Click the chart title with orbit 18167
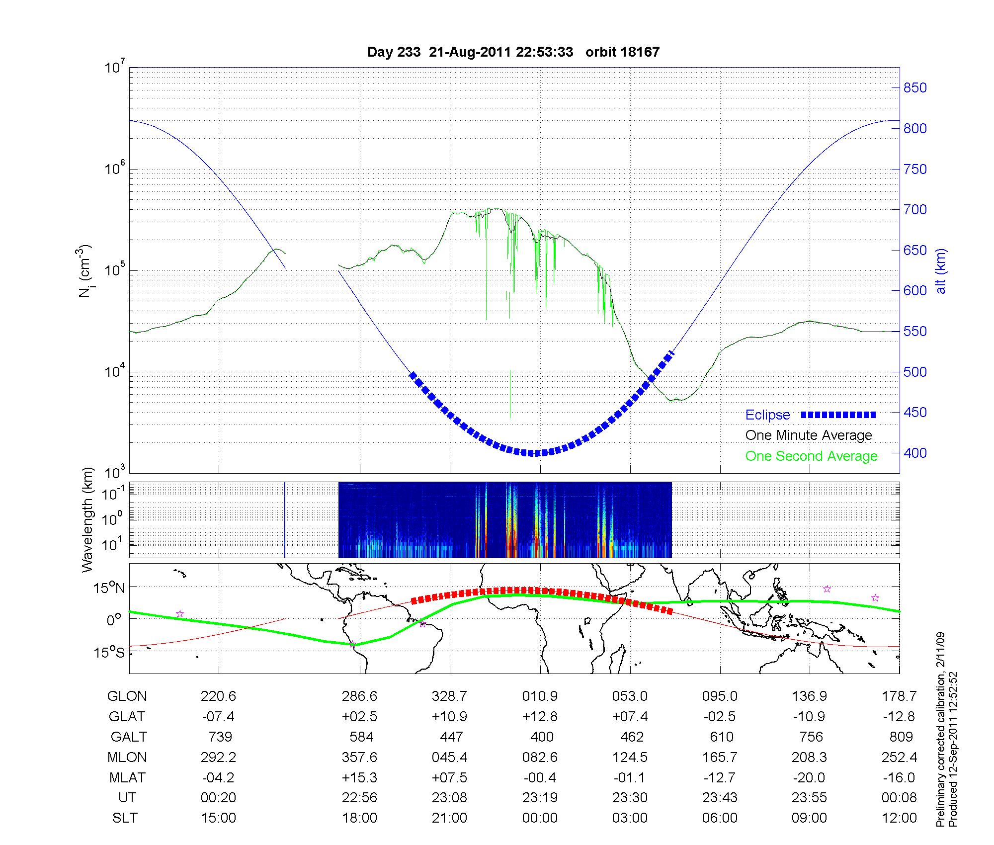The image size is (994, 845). (513, 52)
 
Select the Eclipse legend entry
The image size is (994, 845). (767, 415)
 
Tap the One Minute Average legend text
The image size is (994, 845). (809, 435)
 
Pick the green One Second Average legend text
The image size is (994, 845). (811, 456)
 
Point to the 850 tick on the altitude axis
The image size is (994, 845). (914, 88)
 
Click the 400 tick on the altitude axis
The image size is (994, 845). (914, 453)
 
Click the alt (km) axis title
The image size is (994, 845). (940, 271)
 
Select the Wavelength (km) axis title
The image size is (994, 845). (87, 519)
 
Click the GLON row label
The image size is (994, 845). (127, 696)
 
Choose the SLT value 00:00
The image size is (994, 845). (540, 818)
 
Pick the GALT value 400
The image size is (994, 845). (541, 737)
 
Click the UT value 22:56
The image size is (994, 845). (359, 797)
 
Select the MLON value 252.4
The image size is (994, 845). (899, 757)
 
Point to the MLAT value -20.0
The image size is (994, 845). (810, 777)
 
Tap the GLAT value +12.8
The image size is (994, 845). (540, 716)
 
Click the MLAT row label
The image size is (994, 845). (127, 777)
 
